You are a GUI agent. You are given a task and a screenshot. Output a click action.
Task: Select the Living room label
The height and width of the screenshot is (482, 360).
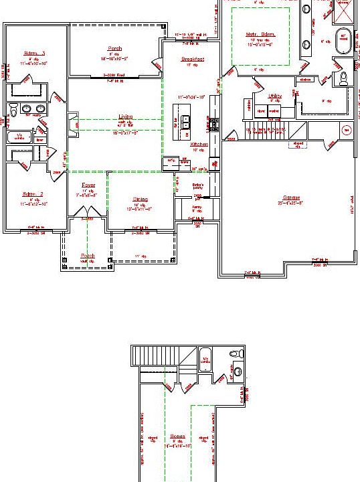tap(125, 117)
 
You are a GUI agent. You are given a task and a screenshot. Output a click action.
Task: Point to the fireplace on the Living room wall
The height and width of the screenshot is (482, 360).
tap(74, 124)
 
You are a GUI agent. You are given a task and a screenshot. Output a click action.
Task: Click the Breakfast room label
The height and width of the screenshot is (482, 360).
tap(191, 60)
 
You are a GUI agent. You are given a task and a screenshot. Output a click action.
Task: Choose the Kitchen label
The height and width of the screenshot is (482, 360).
tap(199, 144)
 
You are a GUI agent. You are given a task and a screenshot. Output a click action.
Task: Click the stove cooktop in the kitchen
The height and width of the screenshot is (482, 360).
tap(214, 124)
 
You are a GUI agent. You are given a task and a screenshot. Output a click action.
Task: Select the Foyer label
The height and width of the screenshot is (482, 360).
tap(88, 184)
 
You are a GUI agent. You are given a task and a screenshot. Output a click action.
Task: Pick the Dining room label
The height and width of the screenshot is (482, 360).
tap(140, 199)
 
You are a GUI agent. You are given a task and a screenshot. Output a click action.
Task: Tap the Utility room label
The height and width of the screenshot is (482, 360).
tap(274, 96)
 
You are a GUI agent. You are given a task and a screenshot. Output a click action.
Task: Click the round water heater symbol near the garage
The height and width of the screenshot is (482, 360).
tap(347, 130)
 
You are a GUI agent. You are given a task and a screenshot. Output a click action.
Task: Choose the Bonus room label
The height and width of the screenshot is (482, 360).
tap(177, 435)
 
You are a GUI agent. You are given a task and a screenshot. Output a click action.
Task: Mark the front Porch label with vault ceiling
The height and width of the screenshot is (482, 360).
tap(88, 256)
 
